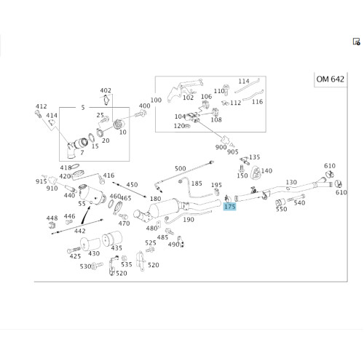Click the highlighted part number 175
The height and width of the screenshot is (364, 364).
pos(229,207)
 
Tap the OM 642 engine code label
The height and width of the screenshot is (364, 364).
pos(331,79)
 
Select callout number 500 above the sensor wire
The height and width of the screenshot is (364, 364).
pos(180,168)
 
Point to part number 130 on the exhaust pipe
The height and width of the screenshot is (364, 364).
pos(291,182)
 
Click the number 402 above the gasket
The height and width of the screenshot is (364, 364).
pos(106,90)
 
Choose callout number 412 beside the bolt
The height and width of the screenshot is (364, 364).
pos(41,106)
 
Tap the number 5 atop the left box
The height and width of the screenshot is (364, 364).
pos(83,107)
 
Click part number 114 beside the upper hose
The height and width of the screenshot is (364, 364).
pos(244,81)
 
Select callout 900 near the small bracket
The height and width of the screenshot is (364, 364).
pos(221,147)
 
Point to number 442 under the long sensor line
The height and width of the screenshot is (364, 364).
pos(80,231)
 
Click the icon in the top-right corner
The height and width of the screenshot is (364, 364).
pos(356,41)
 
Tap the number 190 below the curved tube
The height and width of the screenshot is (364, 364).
pos(189,220)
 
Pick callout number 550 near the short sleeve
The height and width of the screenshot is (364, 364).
pos(281,209)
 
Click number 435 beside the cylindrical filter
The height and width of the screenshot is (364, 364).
pos(116,248)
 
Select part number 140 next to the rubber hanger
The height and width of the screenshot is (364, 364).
pos(266,171)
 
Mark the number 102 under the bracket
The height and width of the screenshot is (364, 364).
pos(189,98)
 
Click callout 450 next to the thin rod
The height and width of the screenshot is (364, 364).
pos(132,185)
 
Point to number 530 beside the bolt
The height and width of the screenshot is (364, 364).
pos(86,266)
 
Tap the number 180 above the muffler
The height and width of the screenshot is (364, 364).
pos(156,199)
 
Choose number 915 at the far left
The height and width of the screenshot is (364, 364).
pos(41,181)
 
